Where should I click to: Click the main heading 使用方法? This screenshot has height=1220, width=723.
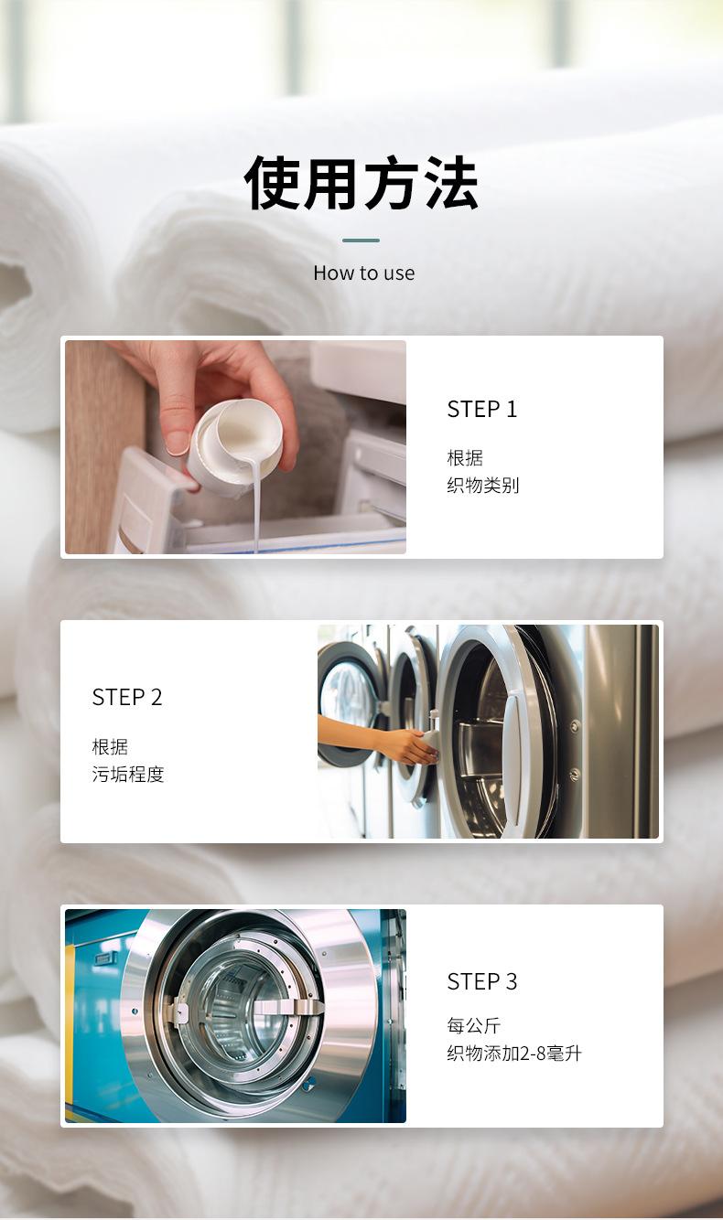click(x=361, y=183)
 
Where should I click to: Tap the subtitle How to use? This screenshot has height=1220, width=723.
click(x=364, y=273)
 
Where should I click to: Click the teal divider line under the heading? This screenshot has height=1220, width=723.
click(x=361, y=241)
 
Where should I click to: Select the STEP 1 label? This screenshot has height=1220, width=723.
click(x=481, y=409)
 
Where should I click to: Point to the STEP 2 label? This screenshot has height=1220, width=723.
click(x=127, y=697)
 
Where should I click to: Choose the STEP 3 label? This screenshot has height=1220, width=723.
click(x=481, y=981)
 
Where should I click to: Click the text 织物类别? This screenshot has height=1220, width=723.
click(x=482, y=485)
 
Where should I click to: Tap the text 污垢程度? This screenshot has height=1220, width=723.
click(x=128, y=774)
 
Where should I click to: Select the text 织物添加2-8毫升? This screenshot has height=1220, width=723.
click(x=514, y=1054)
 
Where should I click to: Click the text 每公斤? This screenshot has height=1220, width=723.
click(x=473, y=1025)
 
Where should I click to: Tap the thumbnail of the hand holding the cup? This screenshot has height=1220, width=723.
click(x=235, y=447)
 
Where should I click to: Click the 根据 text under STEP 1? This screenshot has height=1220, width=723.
click(x=465, y=457)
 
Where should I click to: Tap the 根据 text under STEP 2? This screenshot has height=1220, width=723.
click(x=110, y=746)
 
